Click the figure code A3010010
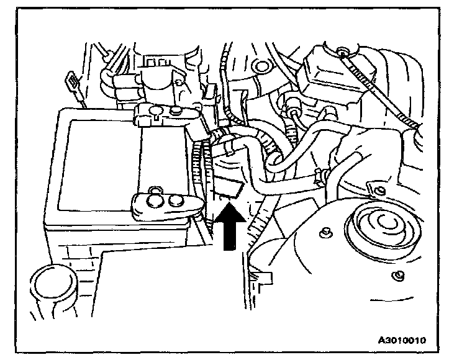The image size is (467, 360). coord(406,340)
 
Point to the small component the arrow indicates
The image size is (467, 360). coord(229,188)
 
